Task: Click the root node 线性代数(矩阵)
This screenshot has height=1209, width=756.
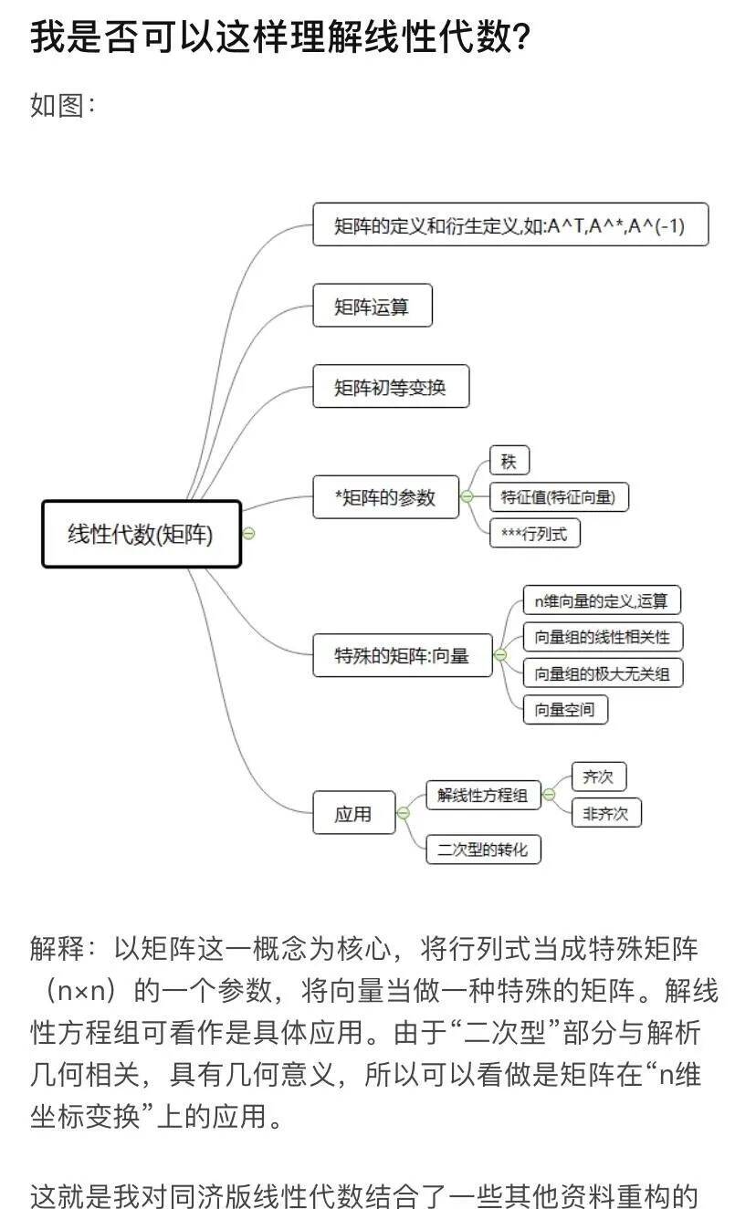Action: (142, 535)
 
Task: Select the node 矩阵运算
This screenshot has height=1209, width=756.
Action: (372, 306)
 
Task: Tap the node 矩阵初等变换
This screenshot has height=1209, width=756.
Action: (391, 387)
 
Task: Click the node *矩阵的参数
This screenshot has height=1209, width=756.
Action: (385, 497)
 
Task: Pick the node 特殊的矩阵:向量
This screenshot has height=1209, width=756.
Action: (402, 654)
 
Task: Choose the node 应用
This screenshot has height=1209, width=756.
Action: (353, 812)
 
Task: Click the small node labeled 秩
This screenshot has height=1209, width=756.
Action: (509, 462)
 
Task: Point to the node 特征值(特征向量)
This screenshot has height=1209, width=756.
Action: (559, 497)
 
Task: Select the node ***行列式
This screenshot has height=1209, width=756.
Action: (534, 533)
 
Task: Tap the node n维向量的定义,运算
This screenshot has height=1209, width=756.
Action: (602, 600)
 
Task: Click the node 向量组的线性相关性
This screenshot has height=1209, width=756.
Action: (603, 636)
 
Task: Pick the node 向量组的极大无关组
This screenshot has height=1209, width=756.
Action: (603, 673)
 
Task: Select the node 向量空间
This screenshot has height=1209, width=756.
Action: (565, 709)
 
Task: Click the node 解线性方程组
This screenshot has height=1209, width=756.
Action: (483, 795)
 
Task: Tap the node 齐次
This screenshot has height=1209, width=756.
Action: (598, 777)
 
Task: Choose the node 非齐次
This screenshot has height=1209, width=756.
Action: (606, 812)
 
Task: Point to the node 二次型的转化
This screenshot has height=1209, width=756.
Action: (483, 849)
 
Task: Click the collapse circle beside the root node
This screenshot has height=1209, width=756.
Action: (248, 535)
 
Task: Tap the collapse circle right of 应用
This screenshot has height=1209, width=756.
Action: (403, 812)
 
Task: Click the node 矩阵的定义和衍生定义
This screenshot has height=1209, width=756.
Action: (509, 224)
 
